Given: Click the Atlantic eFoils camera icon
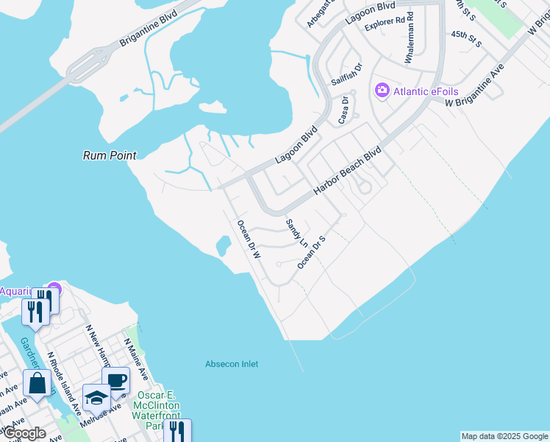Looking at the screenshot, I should coord(382,91).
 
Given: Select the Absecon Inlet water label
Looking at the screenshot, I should coord(232,364).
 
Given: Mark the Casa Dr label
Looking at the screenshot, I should coord(343,110).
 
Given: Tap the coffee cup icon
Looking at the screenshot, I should coord(116,381).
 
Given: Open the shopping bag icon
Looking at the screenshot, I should coord(37,384).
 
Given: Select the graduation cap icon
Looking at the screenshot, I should coord(96,399).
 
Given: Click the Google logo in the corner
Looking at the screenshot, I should coord(24,433).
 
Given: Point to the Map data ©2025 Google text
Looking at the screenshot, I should coord(504,436).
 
